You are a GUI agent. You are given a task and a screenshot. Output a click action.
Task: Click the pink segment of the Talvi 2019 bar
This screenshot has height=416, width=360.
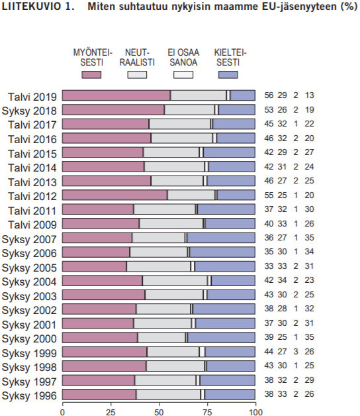coord(116,95)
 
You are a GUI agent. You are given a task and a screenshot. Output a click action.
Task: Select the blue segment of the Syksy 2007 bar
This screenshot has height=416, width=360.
coord(221,237)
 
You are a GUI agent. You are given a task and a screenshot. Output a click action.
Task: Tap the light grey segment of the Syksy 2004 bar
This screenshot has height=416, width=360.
coord(175,280)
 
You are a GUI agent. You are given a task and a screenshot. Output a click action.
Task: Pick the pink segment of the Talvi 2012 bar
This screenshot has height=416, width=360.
coord(114,195)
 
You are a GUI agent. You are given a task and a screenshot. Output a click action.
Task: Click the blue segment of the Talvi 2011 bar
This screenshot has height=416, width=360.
coord(226,209)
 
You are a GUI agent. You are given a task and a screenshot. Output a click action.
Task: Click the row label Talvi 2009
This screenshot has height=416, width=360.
coord(33,223)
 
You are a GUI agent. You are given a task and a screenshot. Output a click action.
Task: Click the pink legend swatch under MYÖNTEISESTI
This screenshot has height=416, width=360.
coord(91,74)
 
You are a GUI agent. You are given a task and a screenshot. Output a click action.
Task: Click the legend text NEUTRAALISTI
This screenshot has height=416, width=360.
coord(137,57)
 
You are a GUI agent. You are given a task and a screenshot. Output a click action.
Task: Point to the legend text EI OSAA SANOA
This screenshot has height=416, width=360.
coord(183,57)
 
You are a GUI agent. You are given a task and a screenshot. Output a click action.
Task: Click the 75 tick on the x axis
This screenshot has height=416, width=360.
coord(207,411)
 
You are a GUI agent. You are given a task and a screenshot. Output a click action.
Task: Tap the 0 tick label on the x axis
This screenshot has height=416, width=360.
coord(62,411)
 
